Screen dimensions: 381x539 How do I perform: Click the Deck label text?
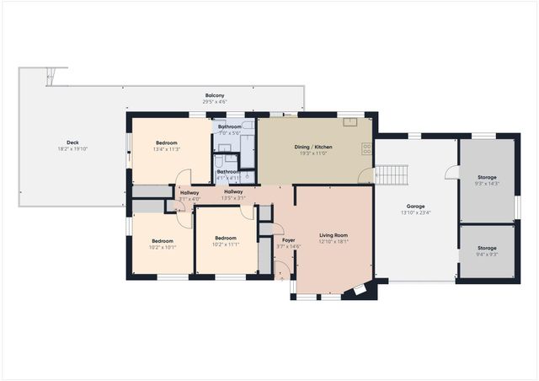[72, 142]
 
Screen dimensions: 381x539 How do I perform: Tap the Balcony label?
[215, 95]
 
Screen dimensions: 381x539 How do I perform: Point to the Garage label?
[414, 206]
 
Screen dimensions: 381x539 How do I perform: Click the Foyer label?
[288, 240]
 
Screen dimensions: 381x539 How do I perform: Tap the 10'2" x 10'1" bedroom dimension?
[162, 247]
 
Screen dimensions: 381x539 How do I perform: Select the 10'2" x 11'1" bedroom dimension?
[226, 244]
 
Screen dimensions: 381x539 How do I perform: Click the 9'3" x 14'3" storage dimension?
[487, 184]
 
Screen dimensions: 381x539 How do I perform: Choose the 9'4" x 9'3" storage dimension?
[487, 253]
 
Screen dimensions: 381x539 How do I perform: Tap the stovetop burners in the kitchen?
[367, 148]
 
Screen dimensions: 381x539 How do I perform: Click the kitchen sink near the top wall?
[350, 121]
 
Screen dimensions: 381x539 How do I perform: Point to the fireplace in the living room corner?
[360, 291]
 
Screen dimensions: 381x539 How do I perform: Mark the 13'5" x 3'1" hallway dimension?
[233, 198]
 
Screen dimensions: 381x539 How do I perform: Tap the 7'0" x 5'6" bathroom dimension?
[230, 132]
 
